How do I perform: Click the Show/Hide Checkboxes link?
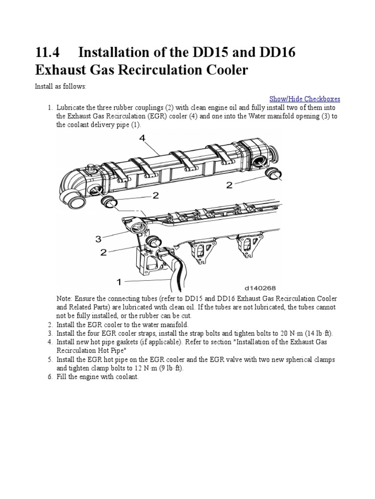(x=305, y=98)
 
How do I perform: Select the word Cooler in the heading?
(x=223, y=70)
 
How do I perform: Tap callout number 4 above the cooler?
(x=142, y=138)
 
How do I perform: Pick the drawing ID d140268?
(x=261, y=288)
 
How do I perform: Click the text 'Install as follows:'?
(x=60, y=86)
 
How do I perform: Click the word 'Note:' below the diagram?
(x=65, y=298)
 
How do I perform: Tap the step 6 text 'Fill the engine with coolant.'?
(x=98, y=377)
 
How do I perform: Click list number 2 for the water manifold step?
(x=50, y=325)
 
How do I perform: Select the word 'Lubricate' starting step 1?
(x=71, y=107)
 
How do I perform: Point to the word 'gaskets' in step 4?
(x=124, y=342)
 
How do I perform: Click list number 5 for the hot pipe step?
(x=50, y=360)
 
